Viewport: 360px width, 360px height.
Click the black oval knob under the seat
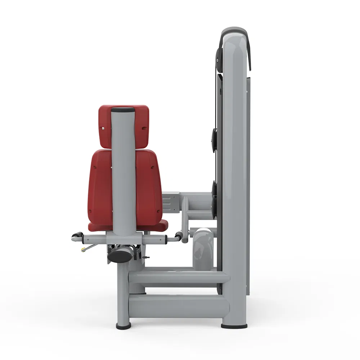118,256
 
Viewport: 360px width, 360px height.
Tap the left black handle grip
76,237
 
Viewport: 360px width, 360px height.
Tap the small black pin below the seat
147,258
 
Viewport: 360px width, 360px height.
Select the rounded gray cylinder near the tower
203,248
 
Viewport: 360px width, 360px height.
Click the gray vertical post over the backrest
123,169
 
